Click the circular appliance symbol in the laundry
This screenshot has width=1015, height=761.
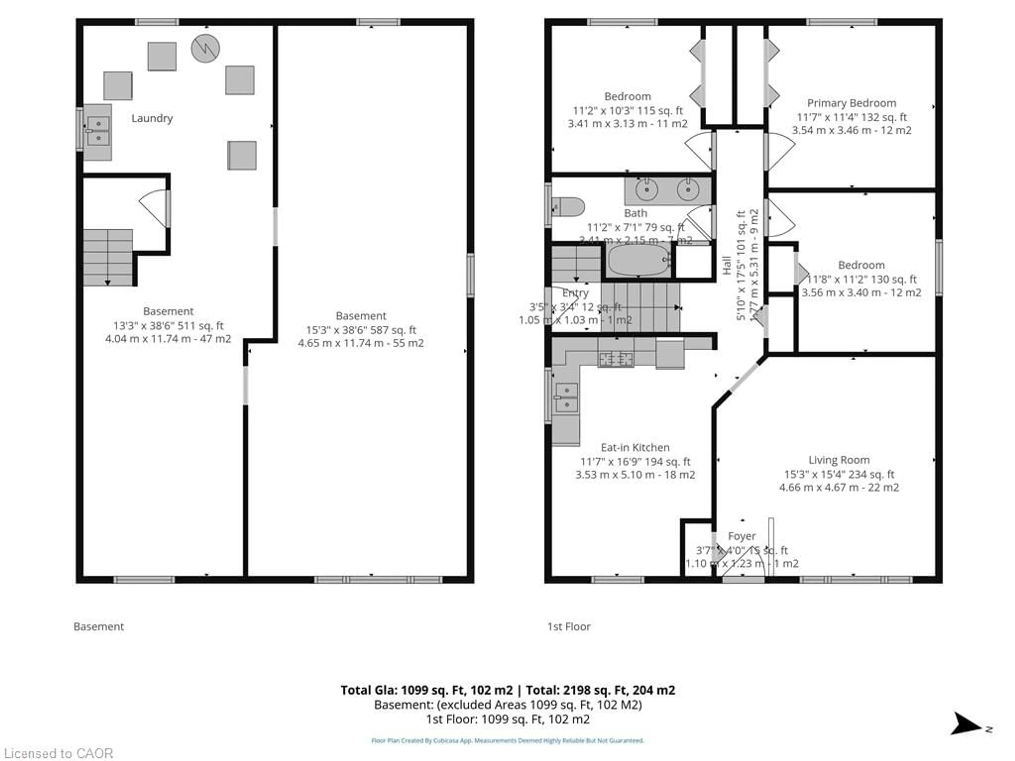(x=205, y=48)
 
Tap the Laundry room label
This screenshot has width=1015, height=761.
(x=152, y=118)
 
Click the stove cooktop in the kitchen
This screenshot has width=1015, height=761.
(x=616, y=359)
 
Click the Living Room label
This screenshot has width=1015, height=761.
(x=839, y=460)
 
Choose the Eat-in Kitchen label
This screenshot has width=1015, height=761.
(x=635, y=447)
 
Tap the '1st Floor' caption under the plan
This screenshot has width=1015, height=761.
(x=569, y=627)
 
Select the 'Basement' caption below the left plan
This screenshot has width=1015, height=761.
(x=99, y=627)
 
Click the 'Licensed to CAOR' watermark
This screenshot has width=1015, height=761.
(x=58, y=753)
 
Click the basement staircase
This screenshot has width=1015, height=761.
(x=108, y=258)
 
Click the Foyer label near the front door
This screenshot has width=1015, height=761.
(x=741, y=536)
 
